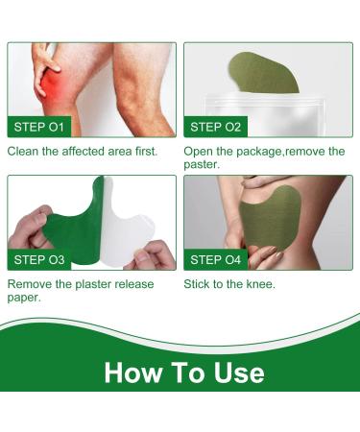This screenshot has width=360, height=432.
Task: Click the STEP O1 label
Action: click(38, 126)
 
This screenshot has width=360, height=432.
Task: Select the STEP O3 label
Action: click(38, 259)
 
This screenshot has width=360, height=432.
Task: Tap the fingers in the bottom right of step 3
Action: click(154, 254)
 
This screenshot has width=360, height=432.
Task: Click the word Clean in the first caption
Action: click(25, 151)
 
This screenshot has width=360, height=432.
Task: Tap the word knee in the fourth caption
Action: click(259, 284)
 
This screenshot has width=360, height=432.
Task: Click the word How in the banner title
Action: click(133, 372)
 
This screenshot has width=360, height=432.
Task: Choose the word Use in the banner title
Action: click(235, 372)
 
